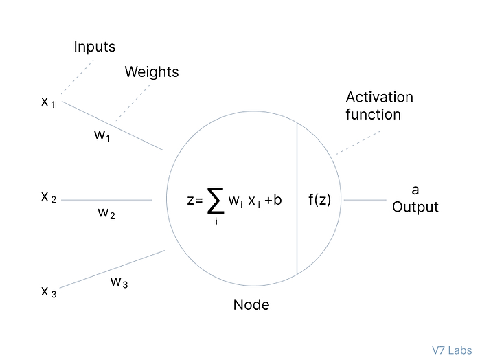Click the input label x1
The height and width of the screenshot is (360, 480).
click(47, 102)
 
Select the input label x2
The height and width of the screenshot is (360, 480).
click(47, 197)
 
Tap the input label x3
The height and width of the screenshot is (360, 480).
click(48, 292)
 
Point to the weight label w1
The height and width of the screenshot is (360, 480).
click(102, 135)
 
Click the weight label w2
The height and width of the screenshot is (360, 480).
click(106, 213)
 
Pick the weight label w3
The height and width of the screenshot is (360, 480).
click(119, 282)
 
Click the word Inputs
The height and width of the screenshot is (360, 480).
click(95, 47)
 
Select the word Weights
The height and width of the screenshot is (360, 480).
click(151, 72)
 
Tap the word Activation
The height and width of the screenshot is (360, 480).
click(379, 97)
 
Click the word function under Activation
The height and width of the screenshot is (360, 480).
click(373, 114)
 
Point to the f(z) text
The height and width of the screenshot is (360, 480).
click(319, 201)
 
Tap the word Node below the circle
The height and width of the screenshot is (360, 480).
click(251, 305)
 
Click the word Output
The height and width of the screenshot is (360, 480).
click(415, 207)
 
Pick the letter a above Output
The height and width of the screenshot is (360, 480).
click(415, 190)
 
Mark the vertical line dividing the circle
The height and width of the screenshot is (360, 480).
click(297, 199)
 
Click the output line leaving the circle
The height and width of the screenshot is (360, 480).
click(365, 200)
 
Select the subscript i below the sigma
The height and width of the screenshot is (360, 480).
click(216, 222)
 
